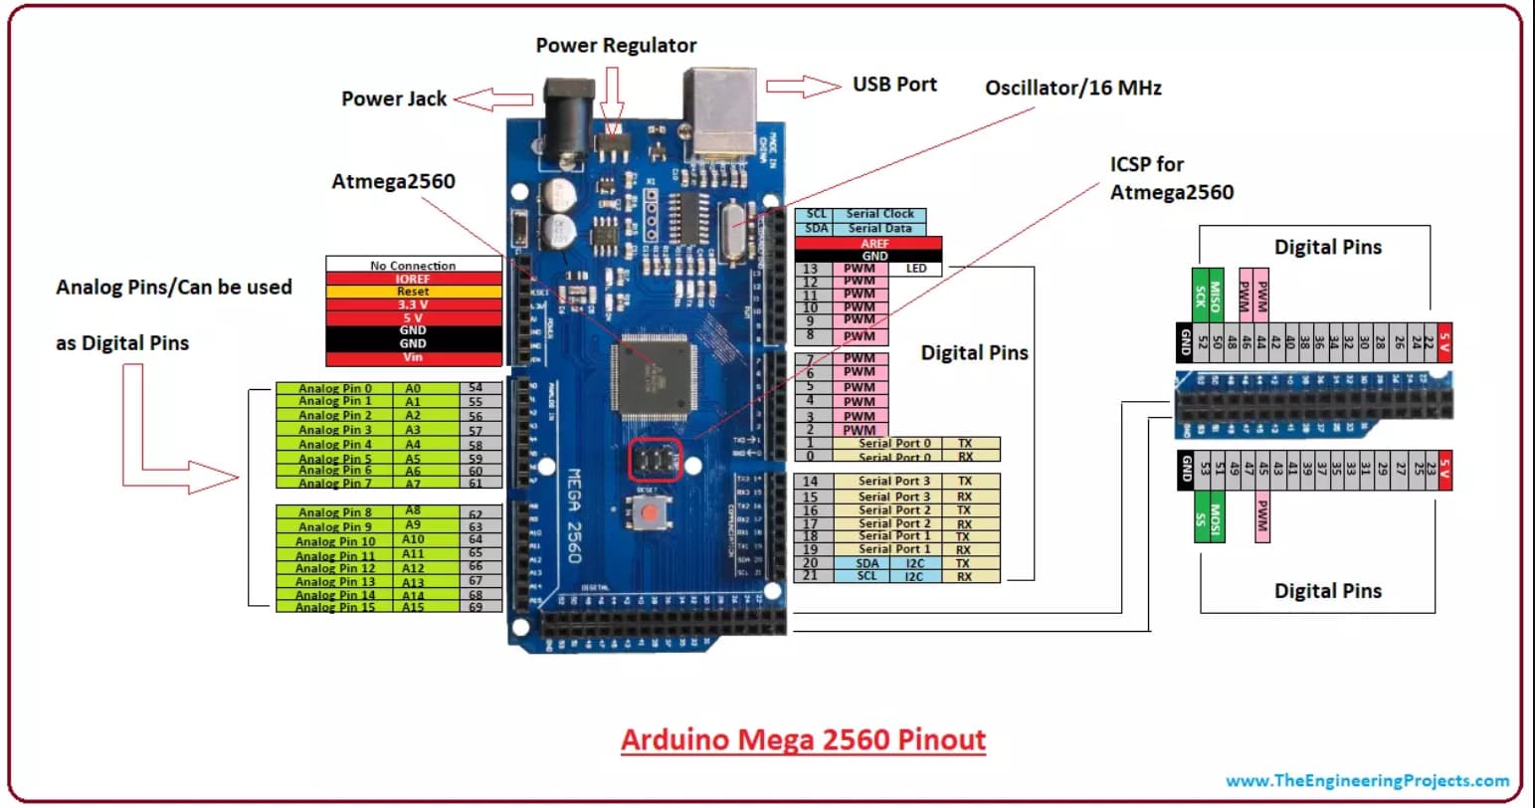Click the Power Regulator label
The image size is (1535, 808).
coord(616,46)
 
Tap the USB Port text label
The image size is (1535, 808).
coord(894,85)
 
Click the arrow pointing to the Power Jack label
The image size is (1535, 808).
coord(494,99)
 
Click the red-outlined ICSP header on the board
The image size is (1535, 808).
coord(656,460)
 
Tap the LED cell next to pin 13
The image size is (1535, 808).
coord(916,269)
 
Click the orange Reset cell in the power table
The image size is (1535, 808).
coord(413,292)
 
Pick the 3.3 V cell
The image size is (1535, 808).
coord(413,304)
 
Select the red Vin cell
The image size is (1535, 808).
coord(413,357)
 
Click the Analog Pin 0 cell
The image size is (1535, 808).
coord(335,389)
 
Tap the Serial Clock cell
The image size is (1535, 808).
coord(879,214)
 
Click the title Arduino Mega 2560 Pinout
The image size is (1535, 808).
coord(803,740)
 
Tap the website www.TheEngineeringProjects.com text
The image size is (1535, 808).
coord(1367,781)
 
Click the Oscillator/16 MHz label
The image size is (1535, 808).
coord(1072,88)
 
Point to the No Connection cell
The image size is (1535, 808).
coord(413,266)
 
